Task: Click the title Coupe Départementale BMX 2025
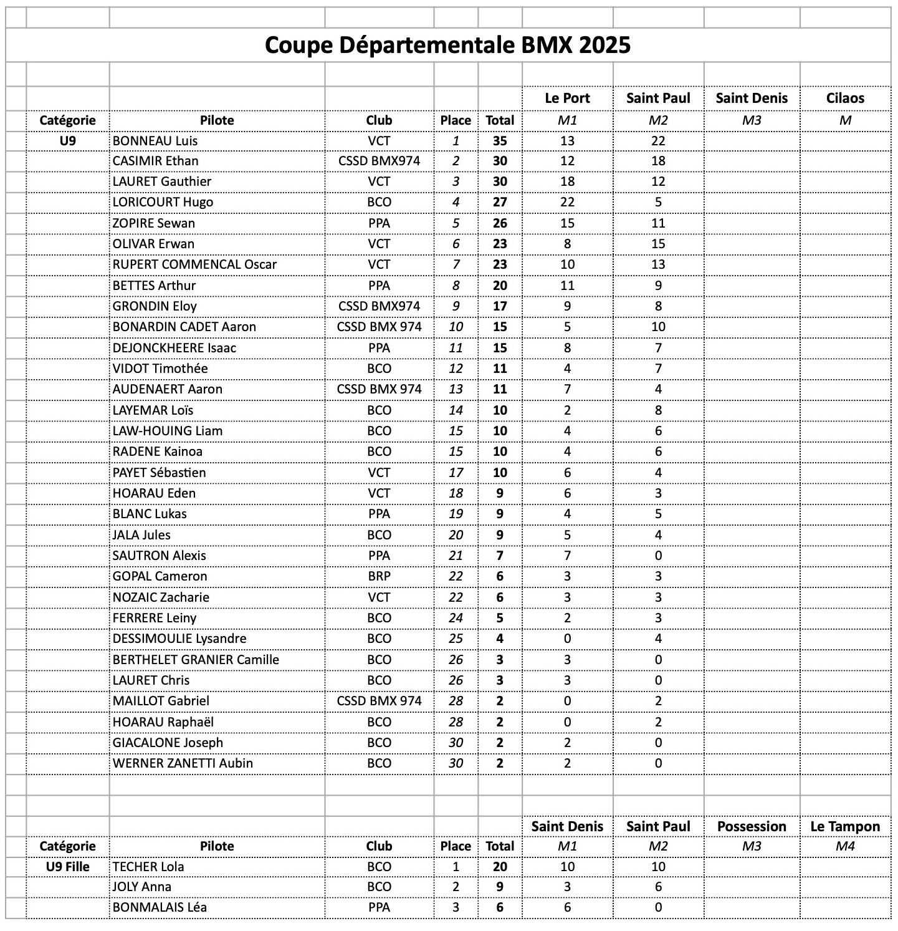447,45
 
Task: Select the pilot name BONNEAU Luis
155,141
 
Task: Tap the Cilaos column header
845,98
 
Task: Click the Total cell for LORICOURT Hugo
500,202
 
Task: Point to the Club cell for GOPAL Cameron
379,576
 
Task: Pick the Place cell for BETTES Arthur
456,286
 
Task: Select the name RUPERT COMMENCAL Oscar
194,264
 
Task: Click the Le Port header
567,98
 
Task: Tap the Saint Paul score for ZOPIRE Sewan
658,223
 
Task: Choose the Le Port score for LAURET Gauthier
567,181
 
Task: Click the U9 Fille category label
67,867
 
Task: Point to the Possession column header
752,826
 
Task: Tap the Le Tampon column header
845,826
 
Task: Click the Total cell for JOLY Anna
500,887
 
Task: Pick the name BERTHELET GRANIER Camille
196,660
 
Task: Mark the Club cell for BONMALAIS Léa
379,907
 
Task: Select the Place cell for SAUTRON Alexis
456,556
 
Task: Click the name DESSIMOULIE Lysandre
179,639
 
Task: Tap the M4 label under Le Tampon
845,846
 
